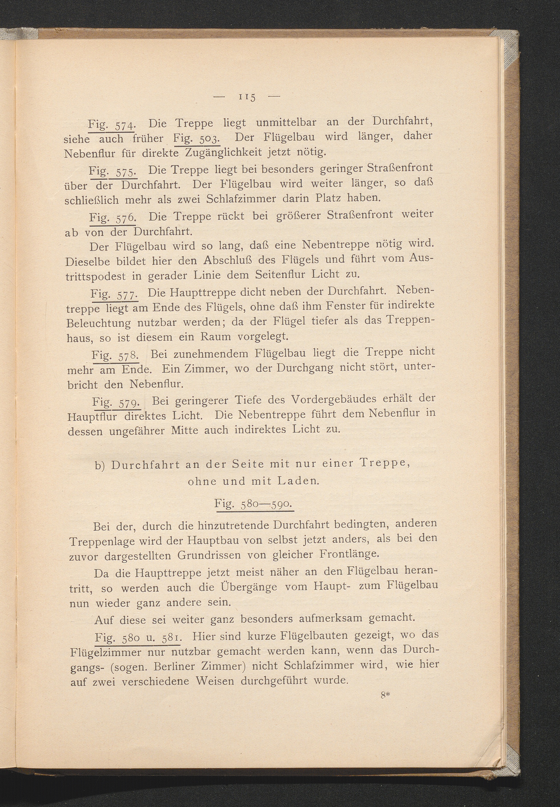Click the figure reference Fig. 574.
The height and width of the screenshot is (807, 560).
coord(111,124)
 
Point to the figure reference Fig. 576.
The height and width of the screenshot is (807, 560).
coord(112,218)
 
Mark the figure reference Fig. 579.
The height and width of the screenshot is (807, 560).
coord(116,402)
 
